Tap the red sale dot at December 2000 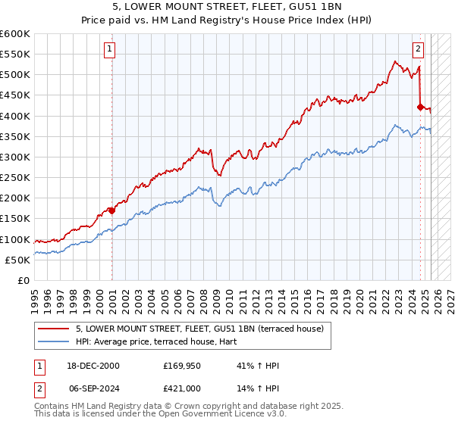pyautogui.click(x=112, y=210)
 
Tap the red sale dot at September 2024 pyautogui.click(x=420, y=107)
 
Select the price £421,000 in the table pyautogui.click(x=181, y=388)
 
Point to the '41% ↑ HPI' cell pyautogui.click(x=258, y=366)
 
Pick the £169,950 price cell pyautogui.click(x=181, y=366)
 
